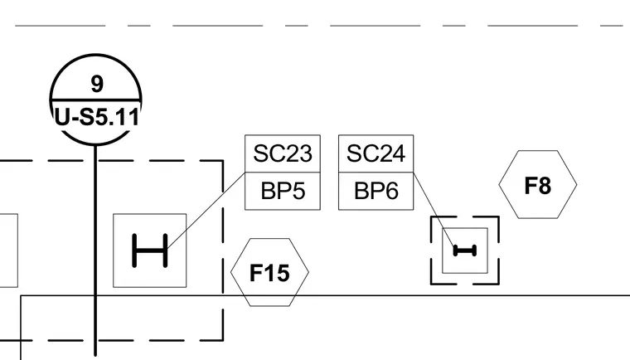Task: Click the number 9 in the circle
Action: (x=97, y=84)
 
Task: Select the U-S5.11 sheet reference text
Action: (x=96, y=118)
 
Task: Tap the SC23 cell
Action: (x=283, y=153)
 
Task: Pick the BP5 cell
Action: (x=283, y=191)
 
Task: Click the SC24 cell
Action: (x=376, y=153)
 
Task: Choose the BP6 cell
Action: (x=376, y=191)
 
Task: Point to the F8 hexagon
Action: (x=538, y=185)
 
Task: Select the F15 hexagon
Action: (x=269, y=272)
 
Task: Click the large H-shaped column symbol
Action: (x=150, y=251)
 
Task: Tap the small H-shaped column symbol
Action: (x=465, y=251)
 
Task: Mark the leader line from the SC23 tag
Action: (x=206, y=210)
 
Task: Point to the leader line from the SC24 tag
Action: (x=434, y=209)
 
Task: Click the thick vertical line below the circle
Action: (x=95, y=251)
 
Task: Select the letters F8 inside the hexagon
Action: (x=538, y=186)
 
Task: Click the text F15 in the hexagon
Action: (x=269, y=273)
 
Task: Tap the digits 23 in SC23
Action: (x=298, y=153)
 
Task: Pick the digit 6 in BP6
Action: (x=391, y=191)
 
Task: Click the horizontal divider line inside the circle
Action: (x=95, y=100)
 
